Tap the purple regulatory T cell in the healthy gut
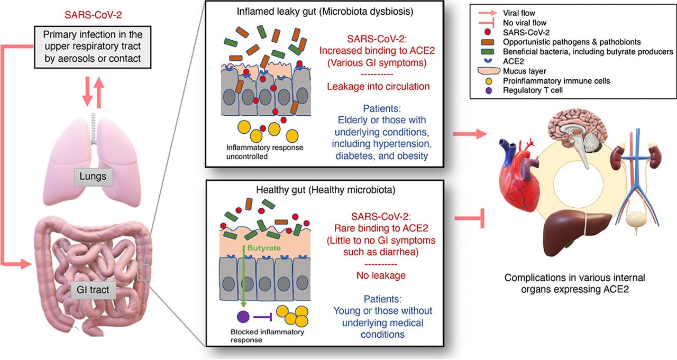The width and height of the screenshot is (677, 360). click(243, 317)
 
